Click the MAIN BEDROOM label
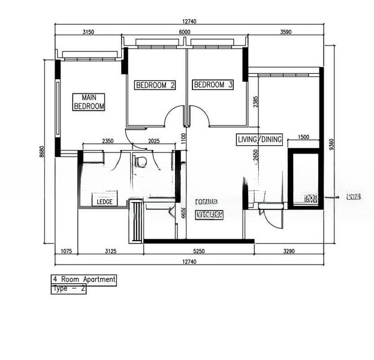pos(89,101)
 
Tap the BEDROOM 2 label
pos(155,85)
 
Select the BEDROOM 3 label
pos(213,85)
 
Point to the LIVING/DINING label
pos(260,140)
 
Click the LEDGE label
pos(105,202)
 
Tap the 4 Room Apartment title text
pos(84,280)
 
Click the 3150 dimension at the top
pos(89,32)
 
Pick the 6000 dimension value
pos(184,32)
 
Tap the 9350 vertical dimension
pos(331,146)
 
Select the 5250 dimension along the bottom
pos(198,252)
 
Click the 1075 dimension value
pos(66,252)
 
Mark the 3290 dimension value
pos(288,252)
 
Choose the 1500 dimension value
pos(303,137)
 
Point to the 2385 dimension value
pos(256,102)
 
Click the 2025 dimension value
pos(155,142)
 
